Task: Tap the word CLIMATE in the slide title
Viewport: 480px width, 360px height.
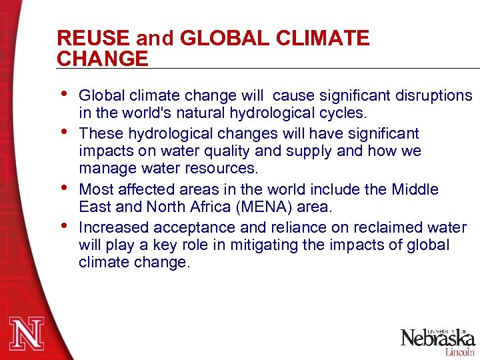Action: (327, 38)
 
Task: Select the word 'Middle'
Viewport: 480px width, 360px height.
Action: (414, 190)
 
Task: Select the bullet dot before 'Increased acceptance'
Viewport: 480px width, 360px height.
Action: (63, 224)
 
